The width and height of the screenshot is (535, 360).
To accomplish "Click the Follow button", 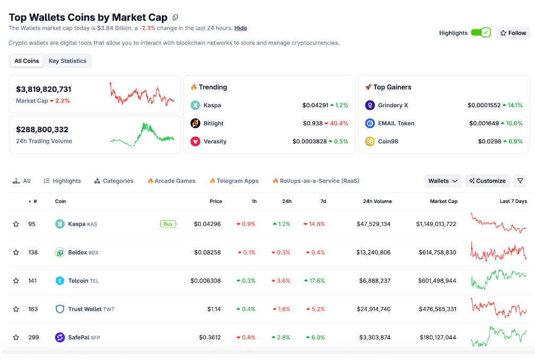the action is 513,33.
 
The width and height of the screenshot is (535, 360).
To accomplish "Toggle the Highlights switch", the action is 481,33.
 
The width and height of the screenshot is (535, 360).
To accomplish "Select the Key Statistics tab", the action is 67,61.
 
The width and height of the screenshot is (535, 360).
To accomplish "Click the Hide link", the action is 240,28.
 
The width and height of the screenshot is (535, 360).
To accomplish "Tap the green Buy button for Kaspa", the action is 168,224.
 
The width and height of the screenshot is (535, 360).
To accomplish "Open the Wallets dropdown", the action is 443,181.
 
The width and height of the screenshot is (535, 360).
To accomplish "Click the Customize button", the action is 487,181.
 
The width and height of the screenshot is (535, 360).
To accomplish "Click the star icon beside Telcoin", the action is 16,281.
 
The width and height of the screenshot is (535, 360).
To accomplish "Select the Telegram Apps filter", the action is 234,181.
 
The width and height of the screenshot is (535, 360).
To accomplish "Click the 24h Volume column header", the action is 377,201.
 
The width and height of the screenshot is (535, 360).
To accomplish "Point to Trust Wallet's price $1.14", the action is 214,309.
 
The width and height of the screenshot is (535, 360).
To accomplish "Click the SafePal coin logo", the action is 59,338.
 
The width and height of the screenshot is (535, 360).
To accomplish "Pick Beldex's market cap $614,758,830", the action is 437,253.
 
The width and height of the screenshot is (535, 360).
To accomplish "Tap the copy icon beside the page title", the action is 175,17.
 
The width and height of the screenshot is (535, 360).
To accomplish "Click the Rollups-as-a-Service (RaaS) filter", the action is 316,181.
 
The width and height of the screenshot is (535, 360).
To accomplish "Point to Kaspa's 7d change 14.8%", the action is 314,224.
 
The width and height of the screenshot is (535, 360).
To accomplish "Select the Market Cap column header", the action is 444,201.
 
